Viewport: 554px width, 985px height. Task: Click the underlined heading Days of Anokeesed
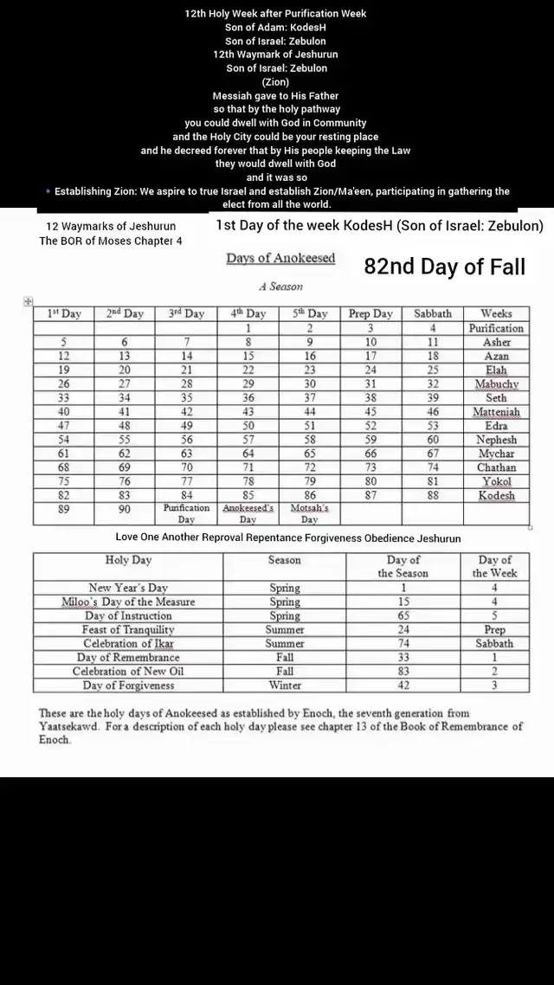tap(280, 259)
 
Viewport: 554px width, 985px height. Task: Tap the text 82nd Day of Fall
tap(444, 267)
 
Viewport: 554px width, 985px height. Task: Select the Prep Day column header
tap(370, 314)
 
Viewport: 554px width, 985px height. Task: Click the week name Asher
tap(496, 343)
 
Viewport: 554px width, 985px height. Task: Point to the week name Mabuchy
tap(496, 384)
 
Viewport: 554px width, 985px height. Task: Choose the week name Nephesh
tap(496, 440)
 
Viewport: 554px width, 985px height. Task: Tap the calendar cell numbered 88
tap(433, 496)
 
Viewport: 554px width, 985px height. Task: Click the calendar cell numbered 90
tap(124, 510)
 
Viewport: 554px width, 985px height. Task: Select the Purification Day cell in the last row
tap(186, 513)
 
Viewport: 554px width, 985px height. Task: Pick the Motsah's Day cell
tap(309, 513)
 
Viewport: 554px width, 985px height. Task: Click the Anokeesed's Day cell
tap(248, 513)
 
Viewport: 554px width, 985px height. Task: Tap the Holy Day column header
tap(127, 561)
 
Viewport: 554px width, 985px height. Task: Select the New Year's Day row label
tap(127, 588)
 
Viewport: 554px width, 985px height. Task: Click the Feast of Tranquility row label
tap(127, 630)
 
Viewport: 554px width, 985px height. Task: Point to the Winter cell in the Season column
tap(284, 686)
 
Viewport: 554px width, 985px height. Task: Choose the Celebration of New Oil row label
tap(127, 672)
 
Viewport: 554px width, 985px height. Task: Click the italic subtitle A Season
tap(280, 286)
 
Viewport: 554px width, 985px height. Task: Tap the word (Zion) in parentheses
tap(277, 82)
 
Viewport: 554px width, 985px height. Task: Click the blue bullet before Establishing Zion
tap(48, 191)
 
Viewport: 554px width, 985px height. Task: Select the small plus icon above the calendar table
tap(28, 300)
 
